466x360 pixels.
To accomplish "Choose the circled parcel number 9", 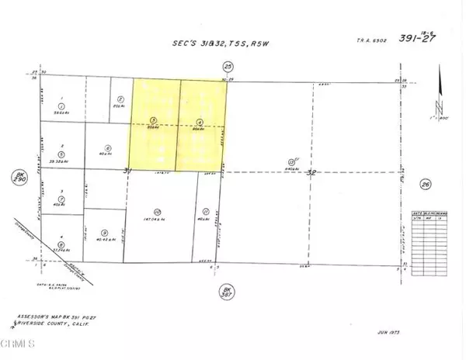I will click(x=104, y=232).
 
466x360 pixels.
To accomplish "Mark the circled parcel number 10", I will click(x=157, y=211).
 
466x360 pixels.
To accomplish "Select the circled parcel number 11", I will click(x=205, y=211).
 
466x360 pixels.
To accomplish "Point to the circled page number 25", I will click(x=228, y=67).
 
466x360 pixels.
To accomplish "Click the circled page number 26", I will click(x=425, y=184).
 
